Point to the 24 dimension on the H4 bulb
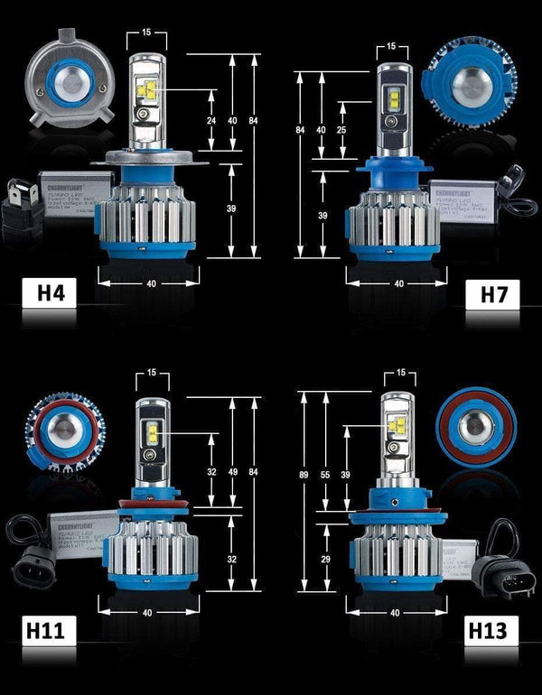[210, 120]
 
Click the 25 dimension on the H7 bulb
[341, 130]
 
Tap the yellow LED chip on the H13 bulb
[395, 425]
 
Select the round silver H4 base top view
[67, 86]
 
